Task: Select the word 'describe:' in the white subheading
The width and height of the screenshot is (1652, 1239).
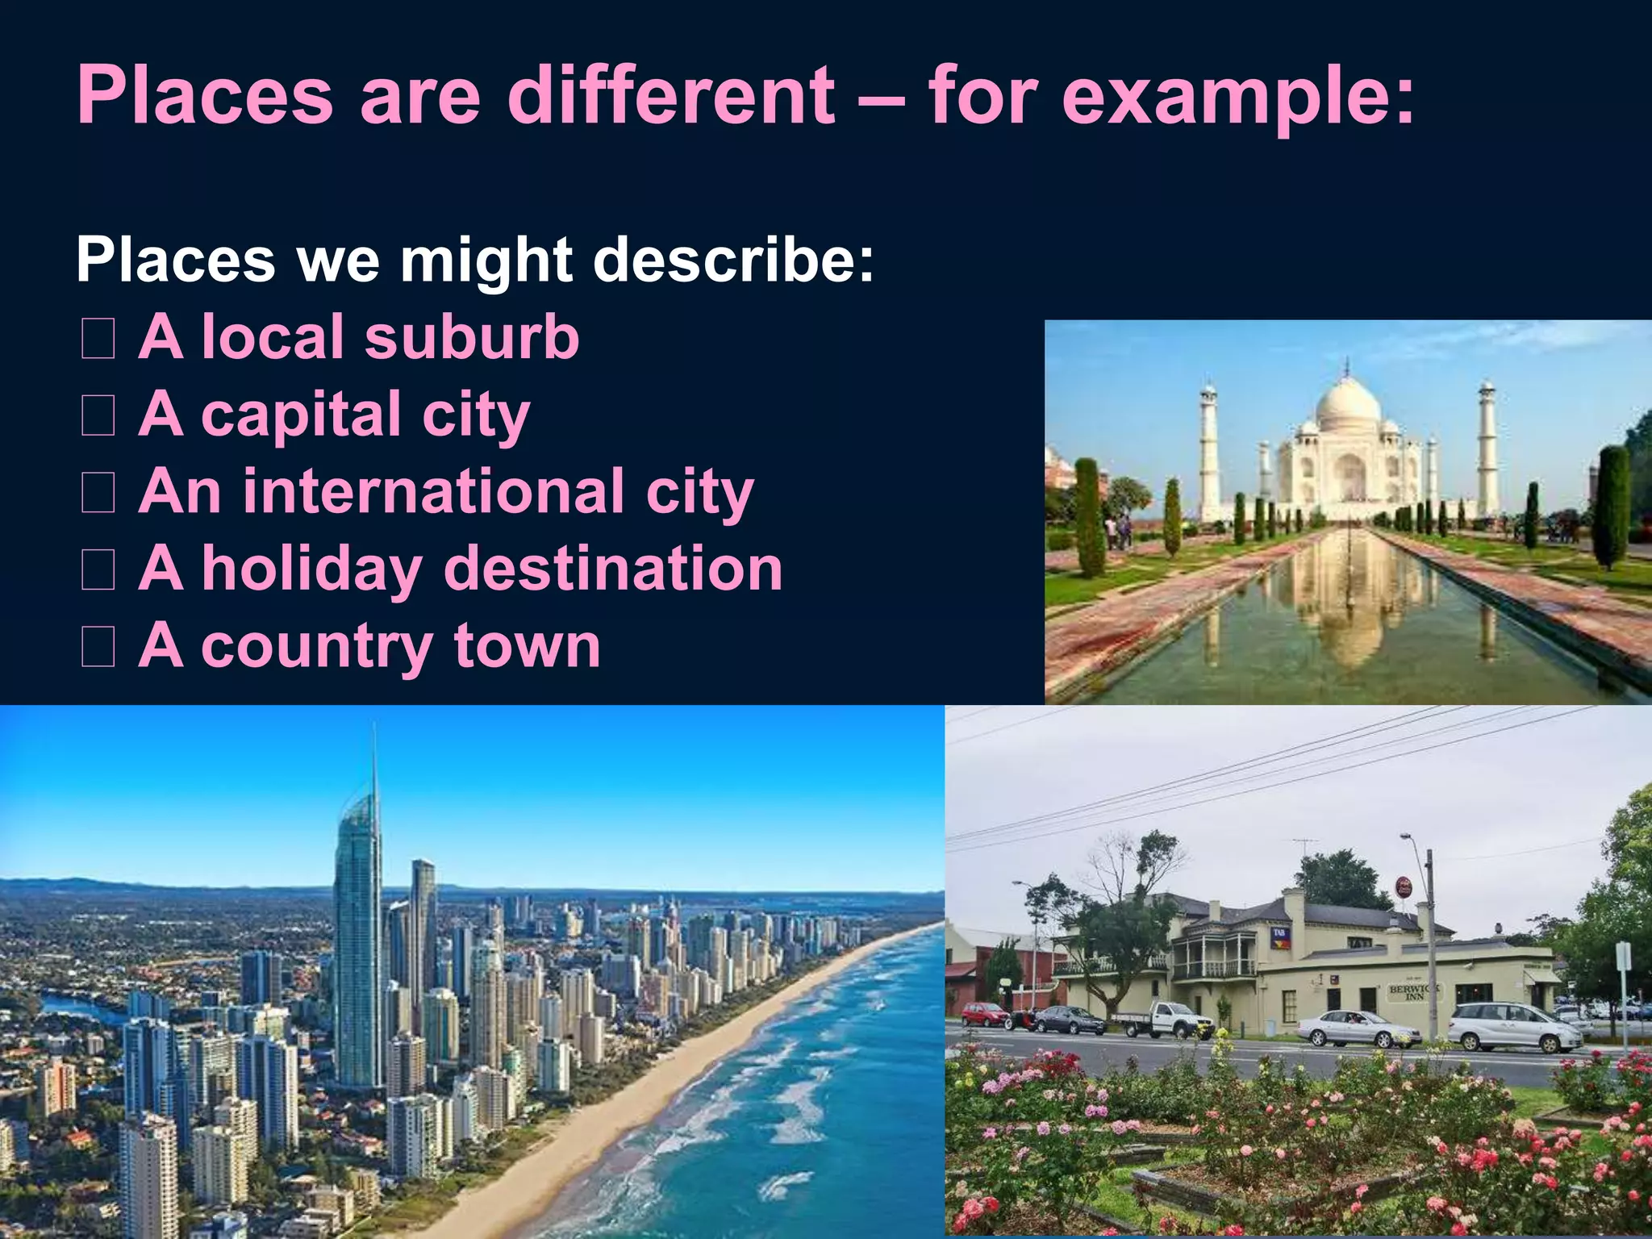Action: [733, 260]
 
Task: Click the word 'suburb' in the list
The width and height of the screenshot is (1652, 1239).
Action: [472, 336]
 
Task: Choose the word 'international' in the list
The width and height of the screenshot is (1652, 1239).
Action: [433, 491]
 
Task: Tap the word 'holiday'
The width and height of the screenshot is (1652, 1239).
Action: [312, 569]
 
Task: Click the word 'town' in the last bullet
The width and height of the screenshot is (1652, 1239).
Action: [527, 646]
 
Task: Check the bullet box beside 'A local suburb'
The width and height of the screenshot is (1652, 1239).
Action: [98, 339]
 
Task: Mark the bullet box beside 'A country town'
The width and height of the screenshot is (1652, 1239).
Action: [98, 648]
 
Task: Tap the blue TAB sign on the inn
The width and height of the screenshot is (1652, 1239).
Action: [1281, 937]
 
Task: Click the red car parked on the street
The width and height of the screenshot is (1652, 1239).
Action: [984, 1014]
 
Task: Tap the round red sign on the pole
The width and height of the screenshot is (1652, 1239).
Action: [1404, 888]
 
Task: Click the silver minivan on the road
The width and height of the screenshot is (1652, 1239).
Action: [1514, 1027]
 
